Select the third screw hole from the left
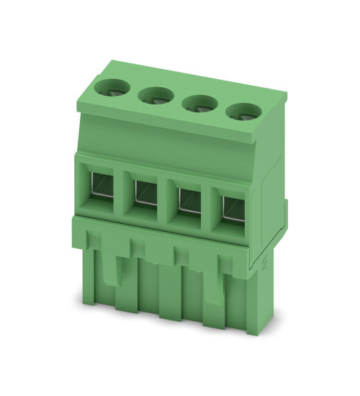coord(197,103)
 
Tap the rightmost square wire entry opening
coord(232,205)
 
